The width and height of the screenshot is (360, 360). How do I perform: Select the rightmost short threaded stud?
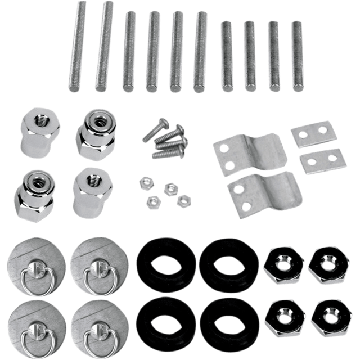(x=296, y=56)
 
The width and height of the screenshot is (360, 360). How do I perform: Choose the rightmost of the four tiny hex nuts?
(x=182, y=200)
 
